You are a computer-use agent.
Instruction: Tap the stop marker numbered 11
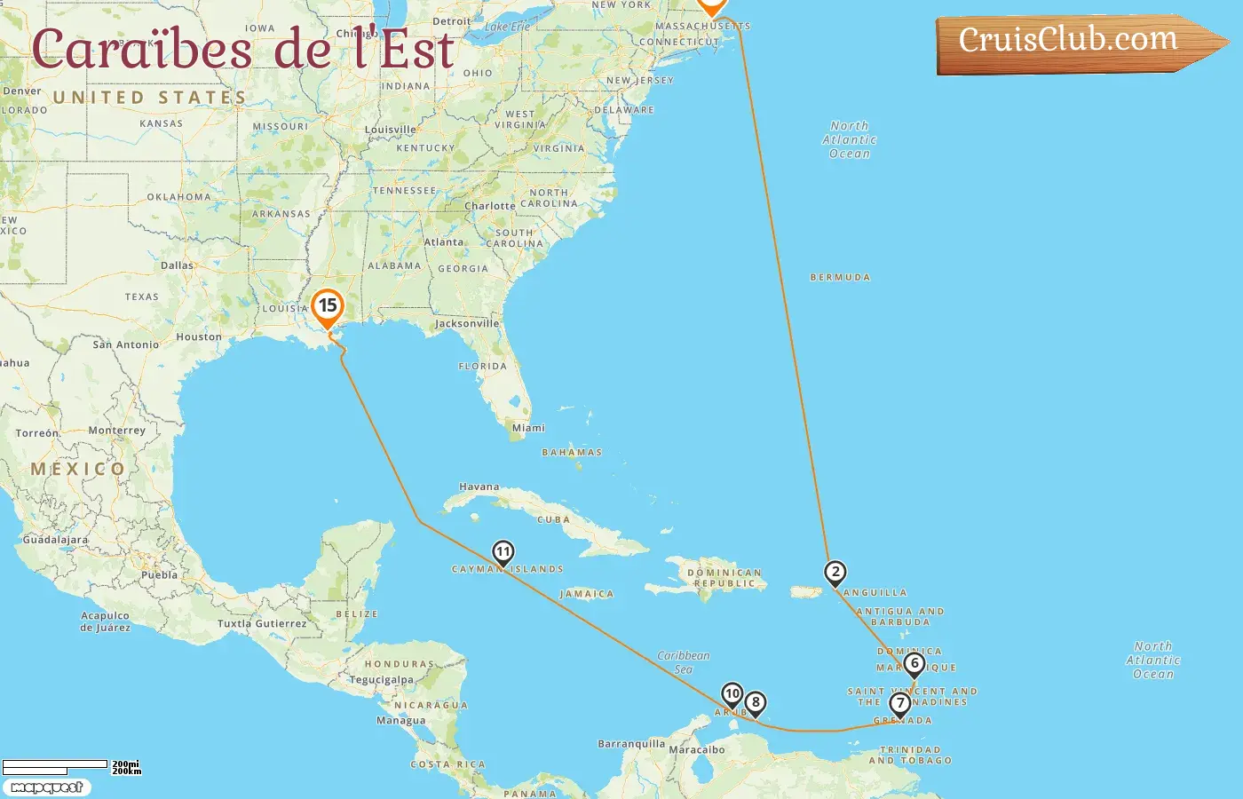coord(503,553)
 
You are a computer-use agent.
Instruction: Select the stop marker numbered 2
coord(835,573)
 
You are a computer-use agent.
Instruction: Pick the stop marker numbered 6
coord(914,664)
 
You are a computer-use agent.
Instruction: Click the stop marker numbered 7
coord(900,704)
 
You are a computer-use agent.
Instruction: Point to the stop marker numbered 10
coord(732,694)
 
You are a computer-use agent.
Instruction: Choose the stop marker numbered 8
coord(756,703)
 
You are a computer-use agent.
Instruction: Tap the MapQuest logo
coord(46,787)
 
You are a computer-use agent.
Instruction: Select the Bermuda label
coord(840,278)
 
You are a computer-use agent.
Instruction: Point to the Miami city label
coord(528,428)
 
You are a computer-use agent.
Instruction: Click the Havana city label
coord(479,487)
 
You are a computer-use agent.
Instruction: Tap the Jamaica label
coord(587,594)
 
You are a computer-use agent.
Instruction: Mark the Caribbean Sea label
coord(684,662)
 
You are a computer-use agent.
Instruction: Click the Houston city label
coord(199,337)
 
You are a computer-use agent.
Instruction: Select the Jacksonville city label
coord(467,324)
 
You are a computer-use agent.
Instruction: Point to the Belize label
coord(357,614)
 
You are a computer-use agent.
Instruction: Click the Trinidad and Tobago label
coord(910,755)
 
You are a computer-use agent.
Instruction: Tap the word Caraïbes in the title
coord(142,50)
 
